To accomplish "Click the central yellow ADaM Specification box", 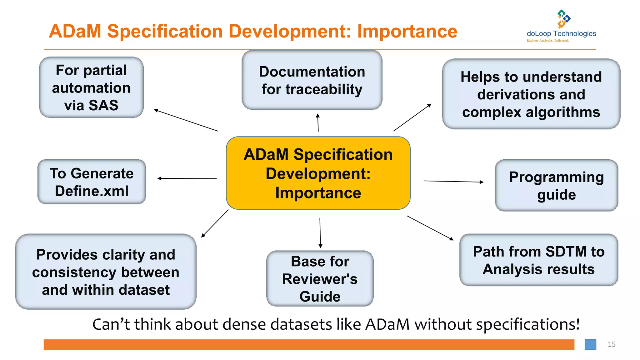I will (318, 173).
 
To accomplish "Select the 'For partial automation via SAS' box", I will (91, 87).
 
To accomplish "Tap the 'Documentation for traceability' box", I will (312, 80).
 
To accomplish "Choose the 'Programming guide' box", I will (556, 186).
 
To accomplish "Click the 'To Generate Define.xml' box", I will (92, 182).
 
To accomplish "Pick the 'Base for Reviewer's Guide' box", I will (320, 278).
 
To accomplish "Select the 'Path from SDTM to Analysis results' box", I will (538, 260).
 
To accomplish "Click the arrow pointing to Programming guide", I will (453, 181).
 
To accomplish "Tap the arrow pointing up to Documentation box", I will (318, 122).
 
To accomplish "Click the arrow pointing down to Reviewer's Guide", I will (320, 233).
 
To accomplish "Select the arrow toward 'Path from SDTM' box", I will (430, 228).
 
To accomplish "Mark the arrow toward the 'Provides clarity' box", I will (215, 224).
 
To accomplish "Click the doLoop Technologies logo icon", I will (563, 19).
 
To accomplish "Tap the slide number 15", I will (612, 344).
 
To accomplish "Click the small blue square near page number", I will (590, 345).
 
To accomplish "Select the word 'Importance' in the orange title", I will (407, 31).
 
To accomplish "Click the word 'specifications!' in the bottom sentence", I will (528, 324).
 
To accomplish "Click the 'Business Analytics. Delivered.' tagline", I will (547, 41).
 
